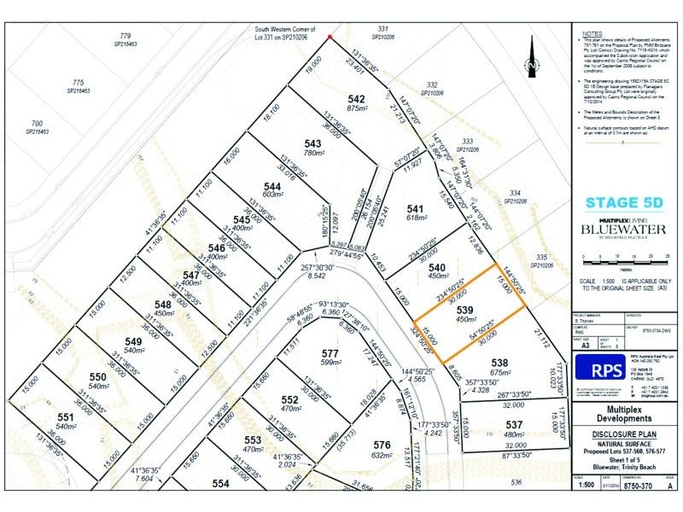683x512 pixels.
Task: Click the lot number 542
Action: (356, 98)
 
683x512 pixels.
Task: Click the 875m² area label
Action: (356, 108)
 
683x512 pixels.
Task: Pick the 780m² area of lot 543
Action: (312, 154)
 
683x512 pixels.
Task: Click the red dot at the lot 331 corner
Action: (330, 37)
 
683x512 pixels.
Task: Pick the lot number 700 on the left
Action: (37, 124)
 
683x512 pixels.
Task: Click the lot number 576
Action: (382, 445)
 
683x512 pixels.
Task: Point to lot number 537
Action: (513, 424)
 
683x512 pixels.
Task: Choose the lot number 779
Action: (126, 36)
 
